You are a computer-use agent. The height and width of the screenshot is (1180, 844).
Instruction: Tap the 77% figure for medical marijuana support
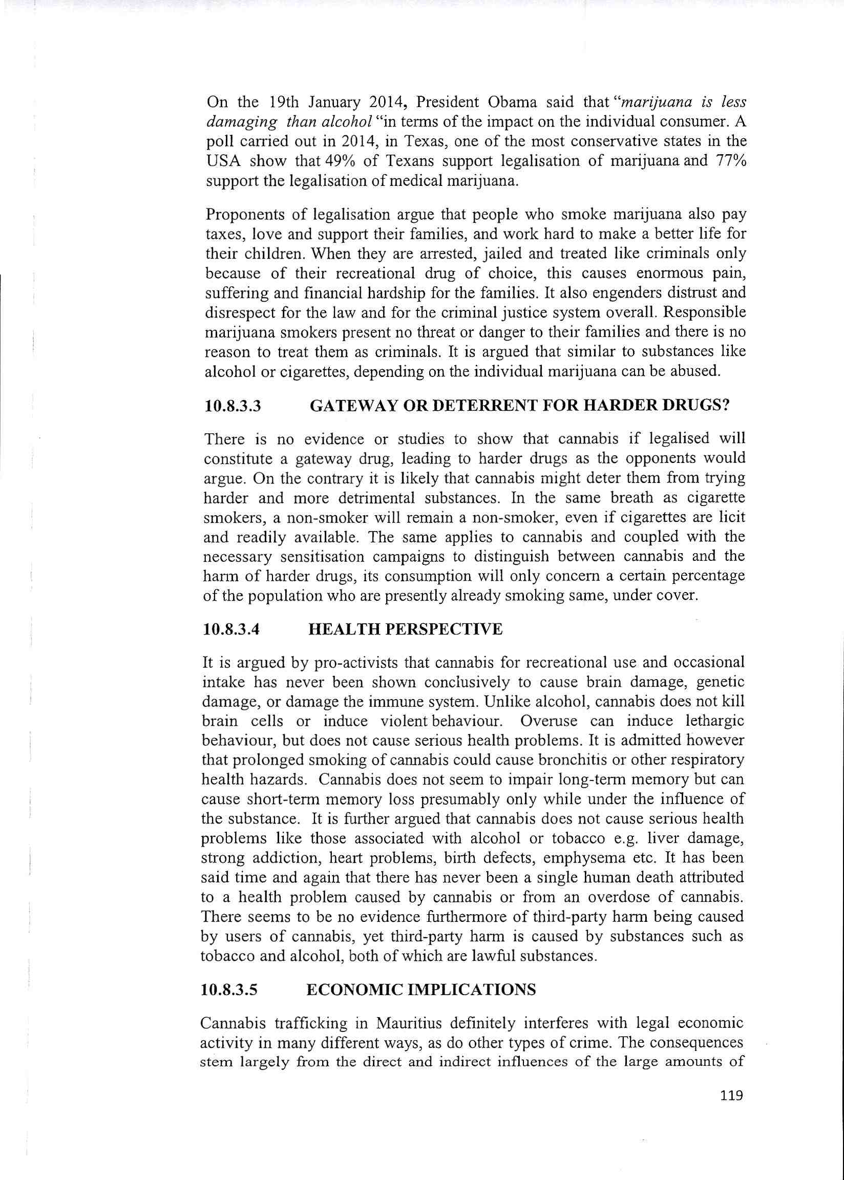click(x=730, y=161)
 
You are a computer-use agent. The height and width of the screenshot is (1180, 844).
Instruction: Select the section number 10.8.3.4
click(x=230, y=630)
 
